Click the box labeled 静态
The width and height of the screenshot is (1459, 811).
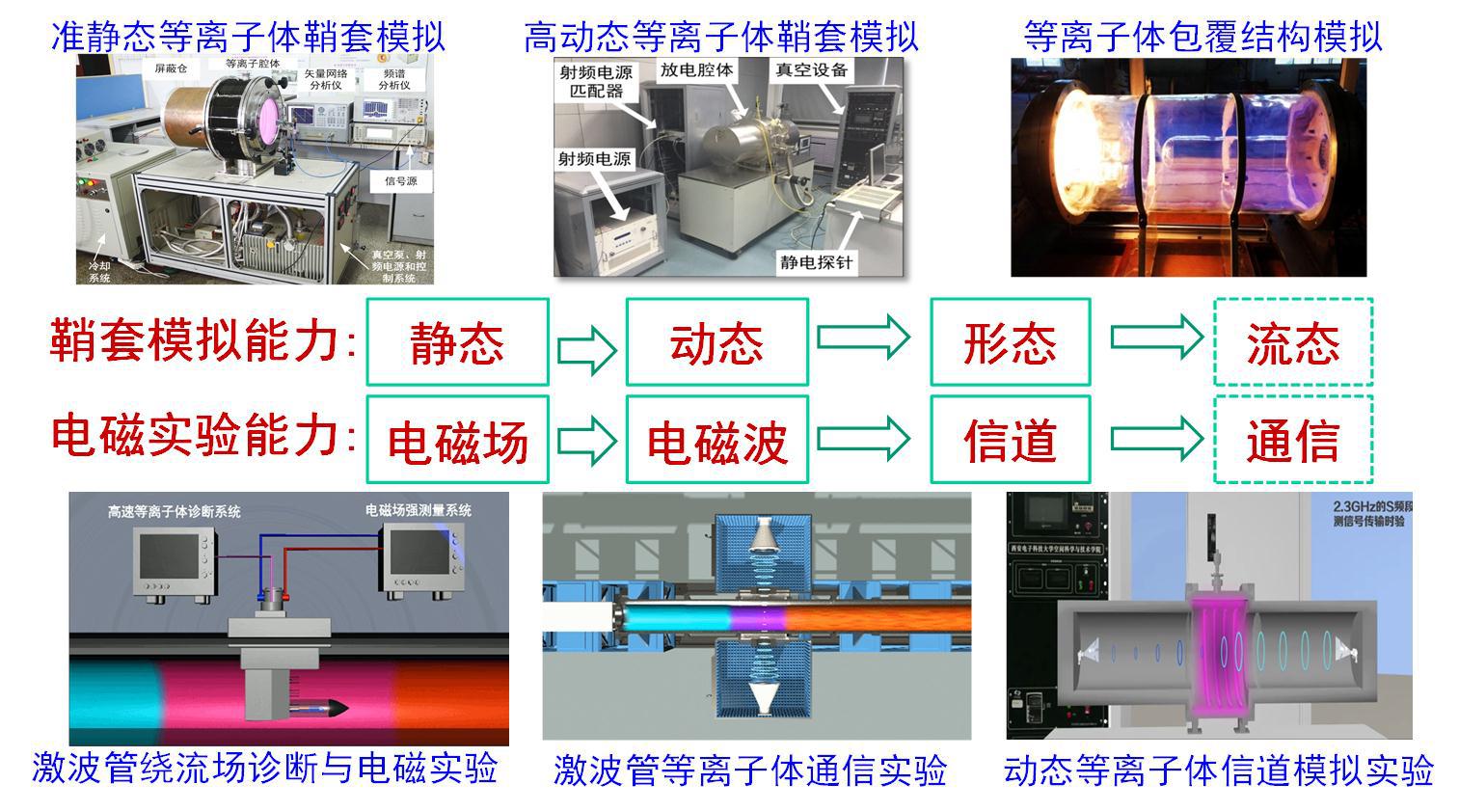pos(457,342)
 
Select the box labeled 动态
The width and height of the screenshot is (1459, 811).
pos(716,342)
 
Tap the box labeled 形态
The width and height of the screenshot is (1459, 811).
pos(1010,342)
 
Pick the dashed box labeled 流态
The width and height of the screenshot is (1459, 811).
pos(1292,342)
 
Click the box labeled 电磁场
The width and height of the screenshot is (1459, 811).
pos(457,440)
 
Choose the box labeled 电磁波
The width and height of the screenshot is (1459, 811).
pos(716,440)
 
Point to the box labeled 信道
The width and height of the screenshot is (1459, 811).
pos(1010,440)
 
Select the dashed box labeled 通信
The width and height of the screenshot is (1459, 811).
pos(1292,440)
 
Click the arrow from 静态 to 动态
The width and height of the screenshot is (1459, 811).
pos(586,348)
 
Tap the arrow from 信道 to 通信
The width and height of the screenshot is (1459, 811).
pos(1156,439)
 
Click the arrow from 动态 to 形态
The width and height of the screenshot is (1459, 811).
pos(863,337)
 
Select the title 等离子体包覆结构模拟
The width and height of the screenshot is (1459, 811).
pos(1202,37)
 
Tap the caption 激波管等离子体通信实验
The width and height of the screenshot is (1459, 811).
pos(750,770)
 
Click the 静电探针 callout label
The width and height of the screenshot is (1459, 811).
pos(816,262)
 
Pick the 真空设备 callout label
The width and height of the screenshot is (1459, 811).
pos(812,69)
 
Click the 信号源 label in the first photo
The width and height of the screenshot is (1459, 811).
pos(400,181)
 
